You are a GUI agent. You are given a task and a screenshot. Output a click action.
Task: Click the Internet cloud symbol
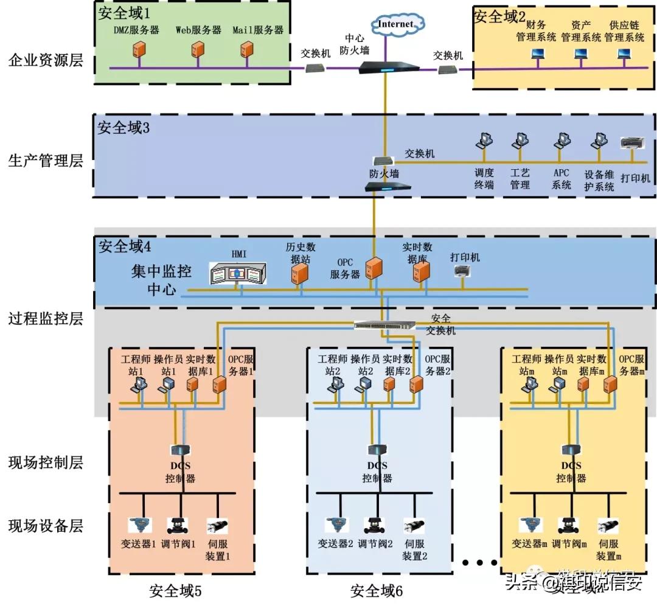tap(396, 25)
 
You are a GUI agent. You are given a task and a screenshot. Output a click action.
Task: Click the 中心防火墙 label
tap(355, 44)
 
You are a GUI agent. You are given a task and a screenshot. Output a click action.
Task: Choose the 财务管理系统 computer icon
tap(537, 55)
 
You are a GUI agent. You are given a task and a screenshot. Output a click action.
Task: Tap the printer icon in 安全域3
tap(631, 144)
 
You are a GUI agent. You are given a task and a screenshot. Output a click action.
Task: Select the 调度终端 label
tap(484, 179)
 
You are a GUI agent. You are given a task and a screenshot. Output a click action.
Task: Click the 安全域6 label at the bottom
tap(377, 591)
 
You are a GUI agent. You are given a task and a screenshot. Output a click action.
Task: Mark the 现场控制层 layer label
tap(46, 462)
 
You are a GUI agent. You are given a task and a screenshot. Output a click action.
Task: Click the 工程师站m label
tap(526, 364)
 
